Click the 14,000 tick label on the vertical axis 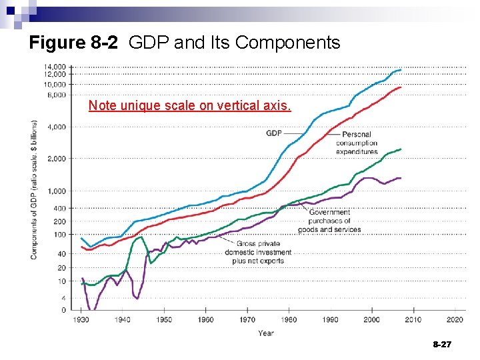(55, 67)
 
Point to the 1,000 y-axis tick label (57, 191)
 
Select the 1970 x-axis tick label (247, 320)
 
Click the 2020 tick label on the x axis (455, 320)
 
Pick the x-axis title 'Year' (266, 333)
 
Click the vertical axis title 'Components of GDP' (34, 190)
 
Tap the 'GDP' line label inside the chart (274, 133)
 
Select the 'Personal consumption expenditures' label (357, 143)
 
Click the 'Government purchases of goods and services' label (329, 221)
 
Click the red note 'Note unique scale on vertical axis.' (189, 105)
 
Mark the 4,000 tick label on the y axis (57, 127)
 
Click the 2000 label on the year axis (372, 320)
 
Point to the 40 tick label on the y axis (61, 254)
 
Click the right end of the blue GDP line (401, 69)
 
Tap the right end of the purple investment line (401, 178)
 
